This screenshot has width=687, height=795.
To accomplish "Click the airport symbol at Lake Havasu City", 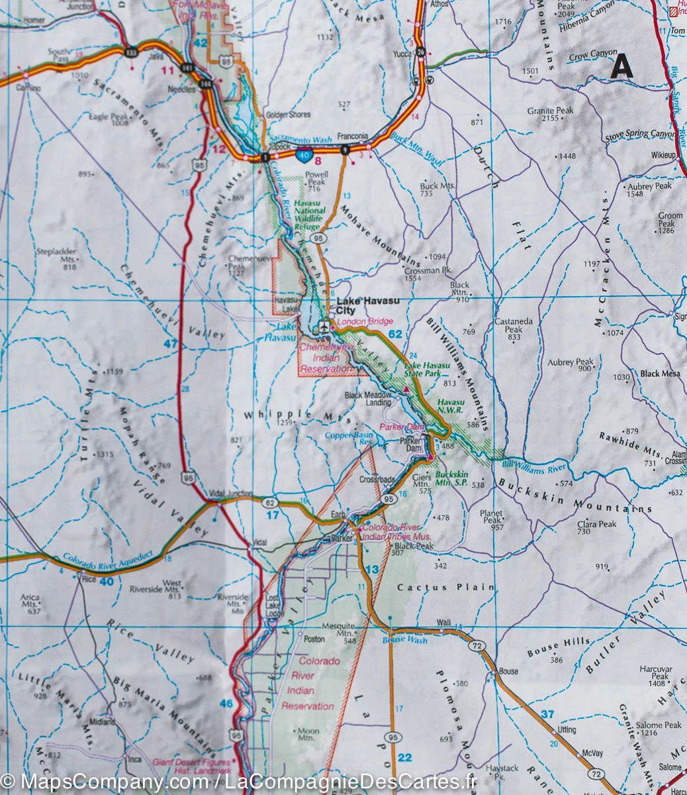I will pyautogui.click(x=324, y=325).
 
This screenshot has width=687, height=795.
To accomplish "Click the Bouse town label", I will pyautogui.click(x=508, y=671).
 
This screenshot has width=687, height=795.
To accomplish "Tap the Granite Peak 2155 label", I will pyautogui.click(x=550, y=115).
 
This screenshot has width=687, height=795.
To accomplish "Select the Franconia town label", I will pyautogui.click(x=352, y=136).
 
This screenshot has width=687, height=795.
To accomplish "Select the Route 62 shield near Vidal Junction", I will pyautogui.click(x=269, y=503).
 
